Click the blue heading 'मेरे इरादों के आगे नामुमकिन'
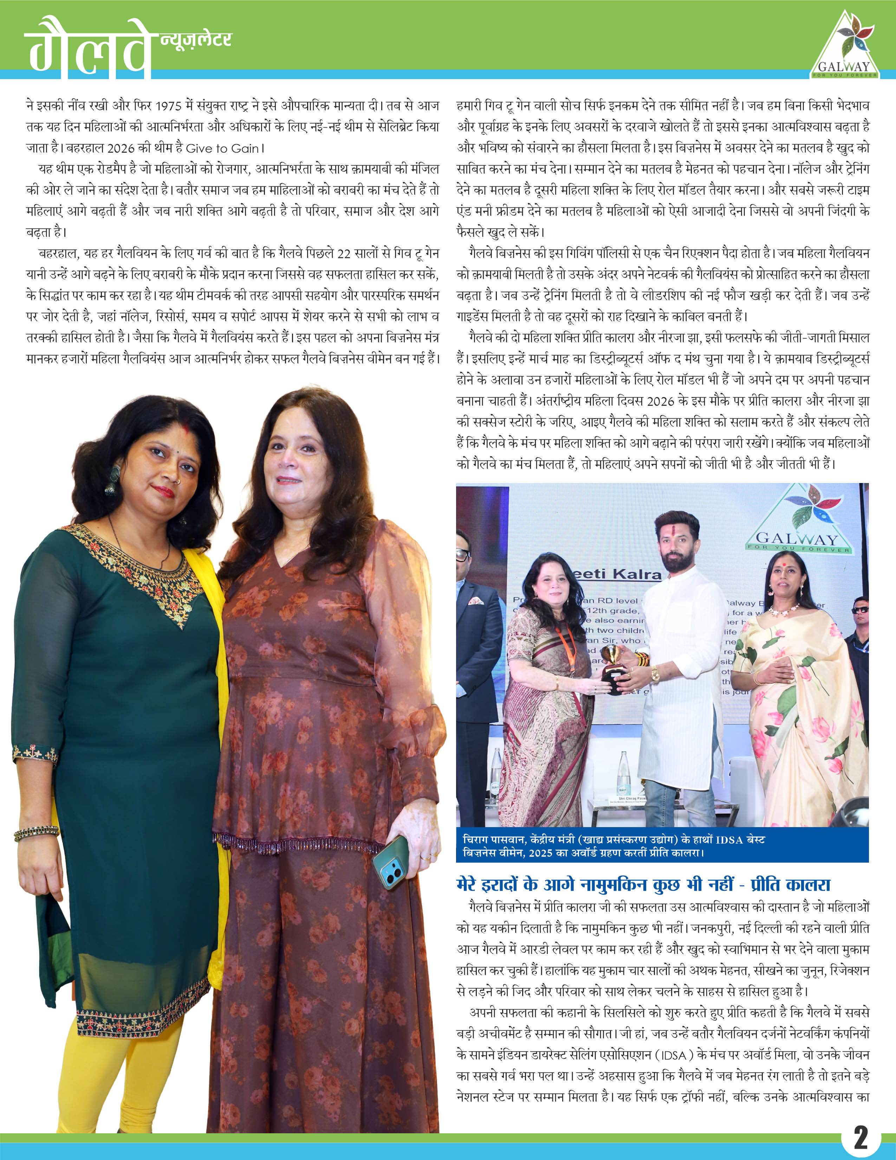pyautogui.click(x=643, y=884)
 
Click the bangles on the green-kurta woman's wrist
pyautogui.click(x=36, y=832)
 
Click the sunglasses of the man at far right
pyautogui.click(x=860, y=610)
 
